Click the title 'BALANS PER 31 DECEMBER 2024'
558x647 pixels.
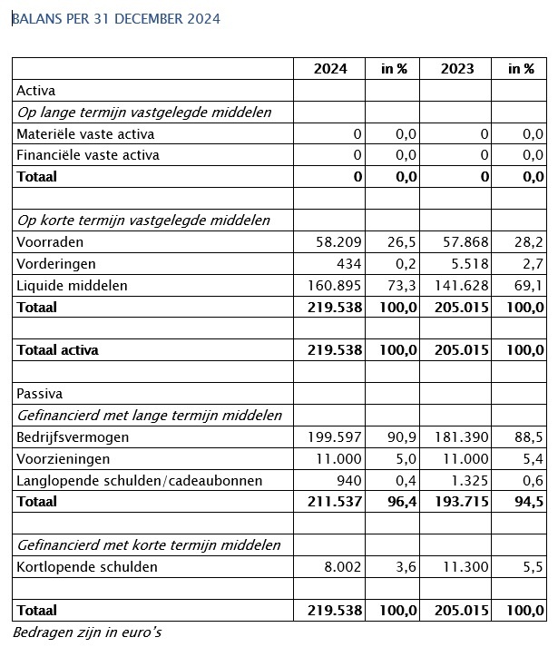coord(115,18)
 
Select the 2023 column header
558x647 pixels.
coord(457,69)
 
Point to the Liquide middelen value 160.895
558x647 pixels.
coord(332,286)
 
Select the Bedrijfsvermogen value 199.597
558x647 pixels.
coord(332,437)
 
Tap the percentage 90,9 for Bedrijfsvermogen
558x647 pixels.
coord(400,437)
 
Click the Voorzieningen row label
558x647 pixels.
coord(63,459)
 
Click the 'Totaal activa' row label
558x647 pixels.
coord(58,350)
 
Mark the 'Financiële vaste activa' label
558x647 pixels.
coord(88,155)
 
